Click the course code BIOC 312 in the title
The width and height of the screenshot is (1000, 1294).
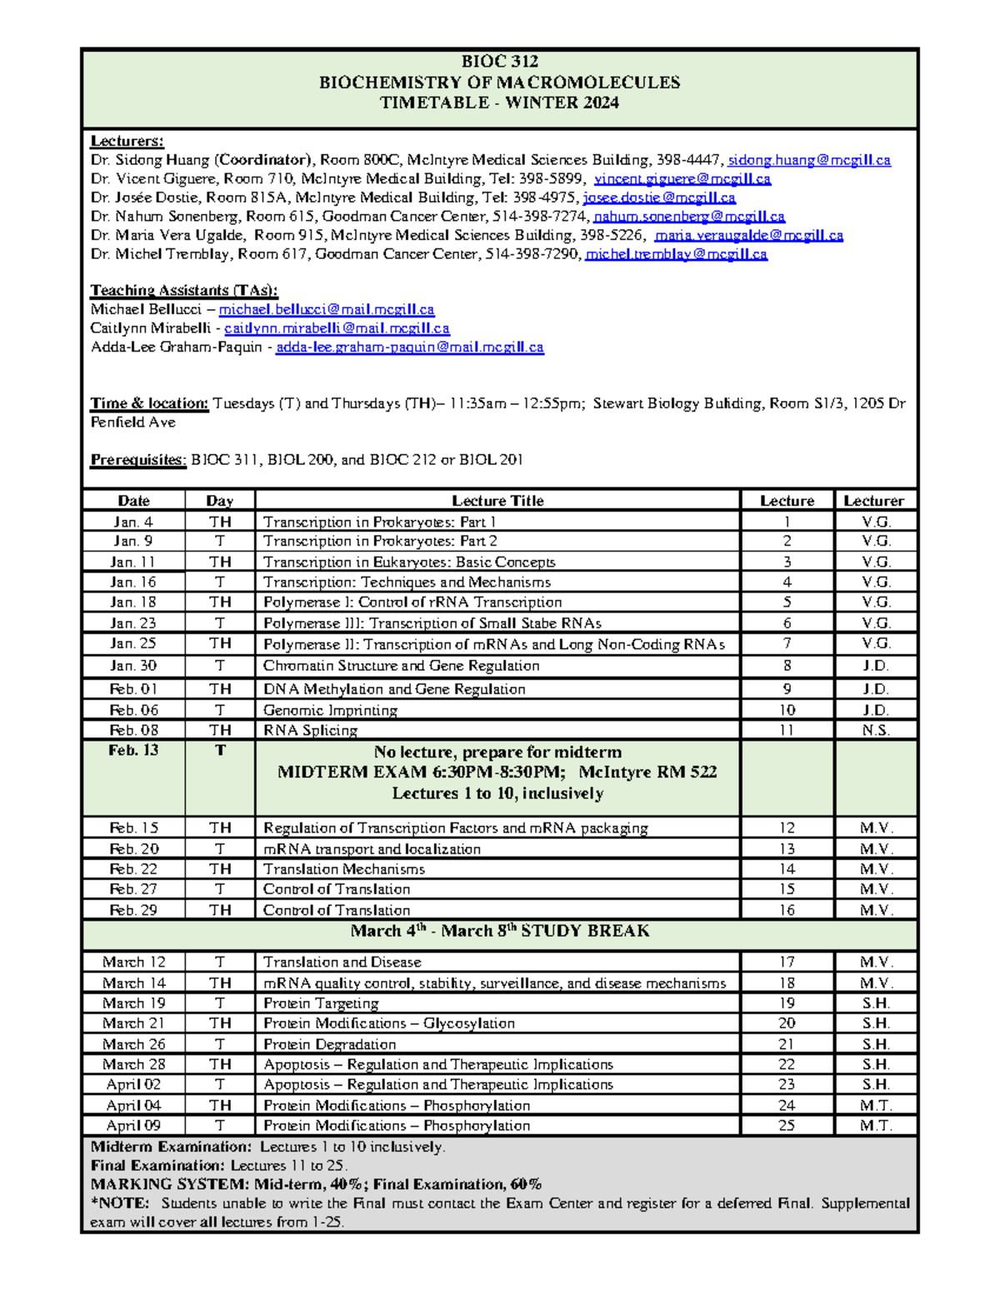pos(499,62)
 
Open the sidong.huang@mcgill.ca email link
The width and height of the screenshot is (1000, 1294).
pos(809,160)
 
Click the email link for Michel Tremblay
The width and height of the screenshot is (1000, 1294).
pos(676,254)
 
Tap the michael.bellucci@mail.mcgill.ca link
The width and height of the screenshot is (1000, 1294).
pos(326,309)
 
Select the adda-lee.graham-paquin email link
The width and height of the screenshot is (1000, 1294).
pos(409,347)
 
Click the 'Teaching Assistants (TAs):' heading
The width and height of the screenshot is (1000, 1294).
pos(184,290)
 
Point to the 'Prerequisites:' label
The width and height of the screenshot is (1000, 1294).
pos(138,459)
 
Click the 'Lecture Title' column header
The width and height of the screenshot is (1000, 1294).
pos(497,501)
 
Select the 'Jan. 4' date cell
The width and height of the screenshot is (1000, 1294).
pos(133,522)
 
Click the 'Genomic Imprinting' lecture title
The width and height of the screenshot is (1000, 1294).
pos(330,710)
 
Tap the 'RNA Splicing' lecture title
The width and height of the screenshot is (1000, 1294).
pos(310,730)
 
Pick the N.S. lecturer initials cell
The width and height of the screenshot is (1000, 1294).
pos(876,730)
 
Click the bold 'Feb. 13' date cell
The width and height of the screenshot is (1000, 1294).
pos(133,750)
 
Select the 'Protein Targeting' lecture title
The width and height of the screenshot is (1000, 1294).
pos(321,1003)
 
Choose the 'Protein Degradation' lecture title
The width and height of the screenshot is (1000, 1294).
pos(329,1044)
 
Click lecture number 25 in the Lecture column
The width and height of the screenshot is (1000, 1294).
pos(787,1125)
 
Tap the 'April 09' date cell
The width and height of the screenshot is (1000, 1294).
pos(133,1125)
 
